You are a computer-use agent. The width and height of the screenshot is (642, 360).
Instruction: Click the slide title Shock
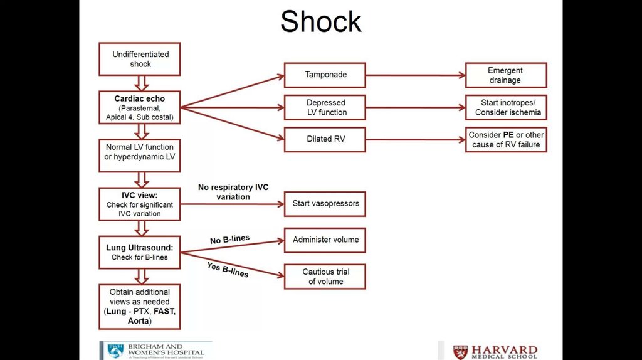click(320, 21)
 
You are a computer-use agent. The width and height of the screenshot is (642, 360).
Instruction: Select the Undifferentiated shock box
click(140, 59)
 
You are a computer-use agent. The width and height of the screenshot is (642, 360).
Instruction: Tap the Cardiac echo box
click(140, 108)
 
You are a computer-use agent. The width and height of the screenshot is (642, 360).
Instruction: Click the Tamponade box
click(325, 75)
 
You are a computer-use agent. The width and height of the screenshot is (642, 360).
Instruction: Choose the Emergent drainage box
click(505, 75)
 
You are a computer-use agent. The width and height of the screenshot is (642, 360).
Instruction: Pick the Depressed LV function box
click(325, 107)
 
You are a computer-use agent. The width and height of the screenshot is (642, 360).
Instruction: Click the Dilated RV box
click(325, 139)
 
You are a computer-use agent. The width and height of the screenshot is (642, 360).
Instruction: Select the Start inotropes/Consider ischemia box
click(505, 107)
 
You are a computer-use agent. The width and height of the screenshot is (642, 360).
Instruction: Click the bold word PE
click(508, 135)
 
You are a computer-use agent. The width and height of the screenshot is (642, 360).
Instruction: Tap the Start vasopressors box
click(325, 203)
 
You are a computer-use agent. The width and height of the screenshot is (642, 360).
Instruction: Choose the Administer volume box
click(325, 240)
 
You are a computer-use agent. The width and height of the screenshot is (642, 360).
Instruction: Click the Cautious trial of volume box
click(325, 277)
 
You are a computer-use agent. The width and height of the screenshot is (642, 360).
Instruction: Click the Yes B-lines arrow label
click(228, 270)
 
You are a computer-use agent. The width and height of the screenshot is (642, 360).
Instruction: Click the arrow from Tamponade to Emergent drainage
click(414, 75)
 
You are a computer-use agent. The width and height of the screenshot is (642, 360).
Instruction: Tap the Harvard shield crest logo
click(461, 352)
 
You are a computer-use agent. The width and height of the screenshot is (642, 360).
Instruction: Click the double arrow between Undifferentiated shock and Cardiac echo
click(141, 83)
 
